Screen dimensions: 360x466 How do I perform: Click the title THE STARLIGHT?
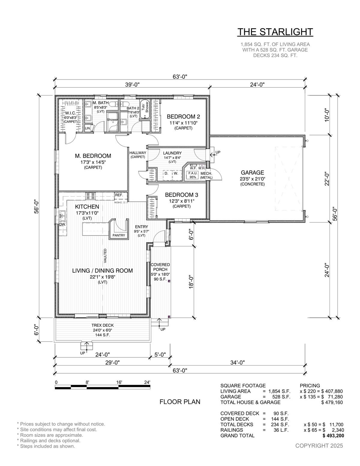[275, 32]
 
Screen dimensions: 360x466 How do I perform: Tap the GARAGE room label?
[252, 173]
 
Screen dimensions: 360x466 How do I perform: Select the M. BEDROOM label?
[93, 156]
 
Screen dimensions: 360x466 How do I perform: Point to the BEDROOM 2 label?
[183, 117]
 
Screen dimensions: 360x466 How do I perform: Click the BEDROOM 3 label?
[181, 195]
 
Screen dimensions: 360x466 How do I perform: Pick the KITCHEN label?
[87, 207]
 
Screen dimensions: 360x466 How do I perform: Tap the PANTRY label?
[119, 235]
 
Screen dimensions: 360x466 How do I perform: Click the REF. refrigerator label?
[119, 195]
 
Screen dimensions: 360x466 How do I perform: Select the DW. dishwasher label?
[63, 224]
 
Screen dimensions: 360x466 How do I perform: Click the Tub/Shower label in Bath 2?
[145, 107]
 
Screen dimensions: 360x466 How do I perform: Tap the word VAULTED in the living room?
[105, 256]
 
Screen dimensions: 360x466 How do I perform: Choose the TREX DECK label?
[103, 325]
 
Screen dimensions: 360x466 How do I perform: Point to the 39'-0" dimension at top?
[132, 85]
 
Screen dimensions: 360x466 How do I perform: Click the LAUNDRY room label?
[172, 153]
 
